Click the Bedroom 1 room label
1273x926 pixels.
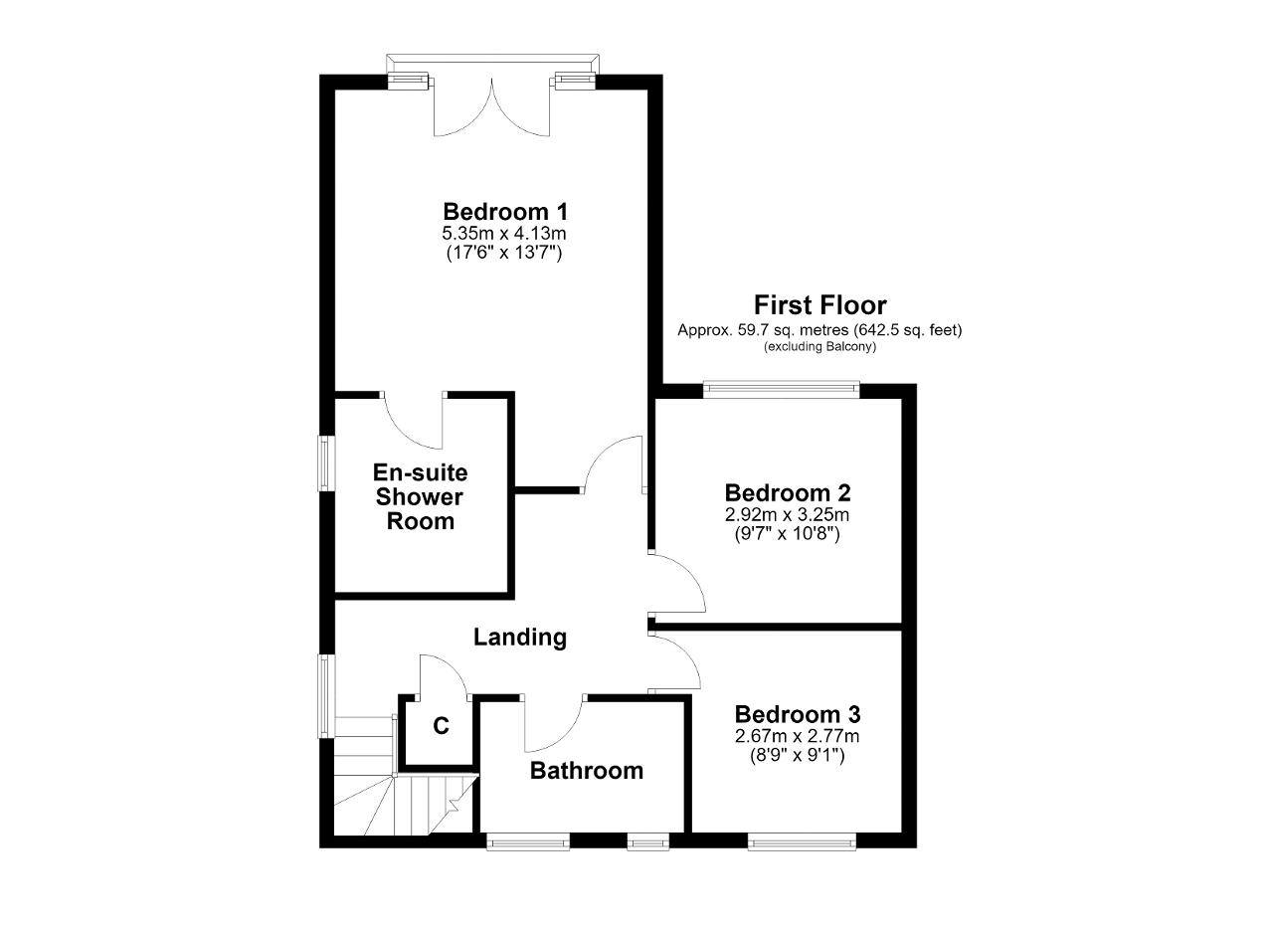(x=505, y=212)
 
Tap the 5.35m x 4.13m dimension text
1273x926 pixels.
(x=504, y=233)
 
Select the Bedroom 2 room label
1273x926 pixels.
(x=788, y=493)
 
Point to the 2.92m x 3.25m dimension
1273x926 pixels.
(x=787, y=514)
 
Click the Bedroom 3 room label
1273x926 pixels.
(x=798, y=714)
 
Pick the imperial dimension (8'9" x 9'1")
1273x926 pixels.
(x=798, y=755)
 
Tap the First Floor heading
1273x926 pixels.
(x=820, y=305)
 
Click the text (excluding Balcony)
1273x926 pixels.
(x=820, y=346)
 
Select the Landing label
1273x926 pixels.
(x=520, y=638)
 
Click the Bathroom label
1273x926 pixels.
(x=587, y=771)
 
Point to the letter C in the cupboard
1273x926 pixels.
(x=441, y=726)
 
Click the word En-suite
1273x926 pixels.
(x=420, y=472)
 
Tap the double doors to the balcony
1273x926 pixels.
(x=492, y=108)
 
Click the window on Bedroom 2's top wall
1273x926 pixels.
(x=782, y=389)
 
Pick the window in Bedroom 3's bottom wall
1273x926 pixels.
(x=802, y=841)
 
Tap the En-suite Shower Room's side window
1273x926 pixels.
(x=326, y=463)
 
